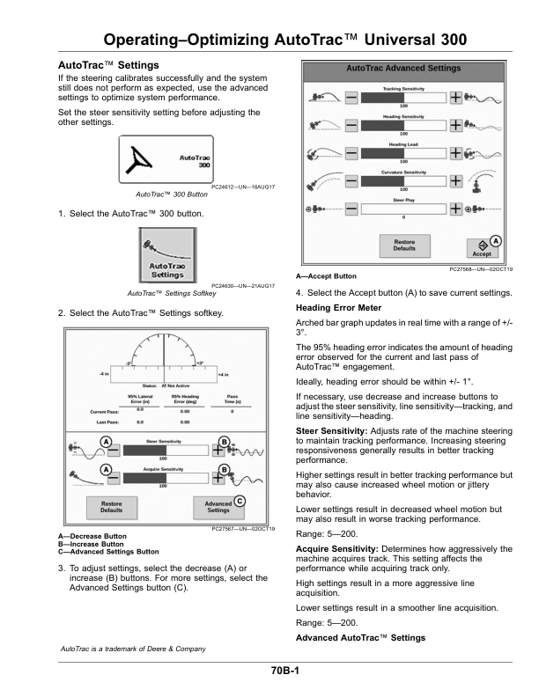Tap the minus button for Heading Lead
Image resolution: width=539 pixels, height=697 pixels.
[x=351, y=153]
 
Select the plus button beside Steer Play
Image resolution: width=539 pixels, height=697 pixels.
[x=455, y=209]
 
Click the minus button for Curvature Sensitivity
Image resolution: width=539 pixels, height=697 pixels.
[x=351, y=181]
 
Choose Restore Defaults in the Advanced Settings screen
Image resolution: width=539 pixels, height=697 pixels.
[x=404, y=245]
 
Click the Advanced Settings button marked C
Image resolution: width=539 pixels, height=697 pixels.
[x=218, y=507]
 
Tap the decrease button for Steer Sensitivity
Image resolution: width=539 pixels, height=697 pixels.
[x=114, y=449]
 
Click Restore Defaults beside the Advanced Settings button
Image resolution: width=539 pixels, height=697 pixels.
[x=111, y=507]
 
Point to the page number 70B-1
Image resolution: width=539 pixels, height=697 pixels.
[x=285, y=671]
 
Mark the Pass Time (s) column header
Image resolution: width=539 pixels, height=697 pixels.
[x=233, y=399]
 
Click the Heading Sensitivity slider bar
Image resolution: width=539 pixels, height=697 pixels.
[x=403, y=125]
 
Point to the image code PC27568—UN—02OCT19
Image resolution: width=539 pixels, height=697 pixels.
[x=481, y=269]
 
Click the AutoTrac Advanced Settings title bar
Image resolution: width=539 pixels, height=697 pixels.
[x=403, y=68]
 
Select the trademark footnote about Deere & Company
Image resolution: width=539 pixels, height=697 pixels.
[x=131, y=649]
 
